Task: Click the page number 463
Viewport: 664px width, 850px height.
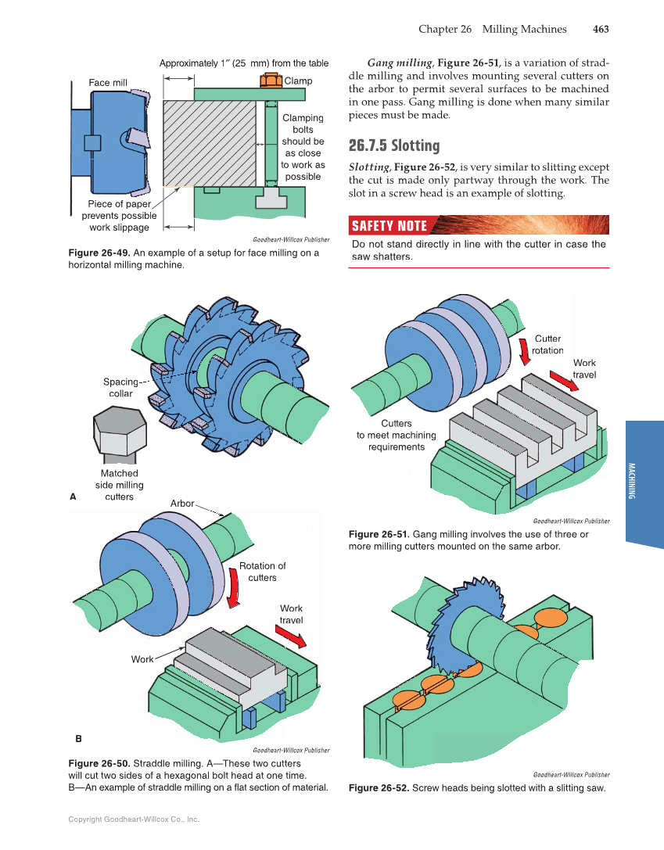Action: (600, 29)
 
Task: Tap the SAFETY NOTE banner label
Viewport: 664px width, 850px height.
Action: (389, 226)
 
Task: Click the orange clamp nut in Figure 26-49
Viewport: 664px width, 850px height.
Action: (271, 81)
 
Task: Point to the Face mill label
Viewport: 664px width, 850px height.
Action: (108, 82)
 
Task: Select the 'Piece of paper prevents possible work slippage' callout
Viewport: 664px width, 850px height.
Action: (119, 216)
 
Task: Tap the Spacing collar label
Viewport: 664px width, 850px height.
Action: (120, 388)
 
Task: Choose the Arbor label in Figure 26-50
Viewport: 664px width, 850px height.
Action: (182, 504)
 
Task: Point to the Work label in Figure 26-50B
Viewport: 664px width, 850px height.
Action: (142, 659)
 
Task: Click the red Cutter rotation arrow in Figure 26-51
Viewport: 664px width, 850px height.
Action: (524, 351)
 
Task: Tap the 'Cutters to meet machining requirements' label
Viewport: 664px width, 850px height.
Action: (397, 435)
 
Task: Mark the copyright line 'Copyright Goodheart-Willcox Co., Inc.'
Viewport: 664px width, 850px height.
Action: (134, 820)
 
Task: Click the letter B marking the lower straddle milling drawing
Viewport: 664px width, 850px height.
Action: (78, 737)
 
